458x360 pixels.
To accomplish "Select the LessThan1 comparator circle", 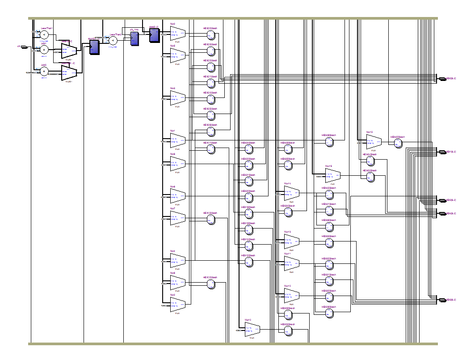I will tap(44, 34).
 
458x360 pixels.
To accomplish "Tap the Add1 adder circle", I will tap(44, 50).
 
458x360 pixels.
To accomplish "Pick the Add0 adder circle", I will tap(44, 71).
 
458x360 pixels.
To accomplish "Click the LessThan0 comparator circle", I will tap(113, 41).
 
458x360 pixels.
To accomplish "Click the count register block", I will tap(94, 47).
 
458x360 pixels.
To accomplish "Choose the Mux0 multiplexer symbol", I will tap(177, 31).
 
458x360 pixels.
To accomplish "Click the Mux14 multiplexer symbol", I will tap(291, 193).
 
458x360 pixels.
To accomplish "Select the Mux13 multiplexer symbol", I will tap(291, 241).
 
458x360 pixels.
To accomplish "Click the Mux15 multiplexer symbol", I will tap(374, 142).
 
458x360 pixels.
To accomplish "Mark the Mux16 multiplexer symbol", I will tap(332, 175).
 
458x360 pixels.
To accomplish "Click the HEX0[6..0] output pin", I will tap(443, 79).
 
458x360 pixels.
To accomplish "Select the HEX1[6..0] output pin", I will tap(443, 152).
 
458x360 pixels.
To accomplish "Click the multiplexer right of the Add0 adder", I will tap(69, 72).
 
